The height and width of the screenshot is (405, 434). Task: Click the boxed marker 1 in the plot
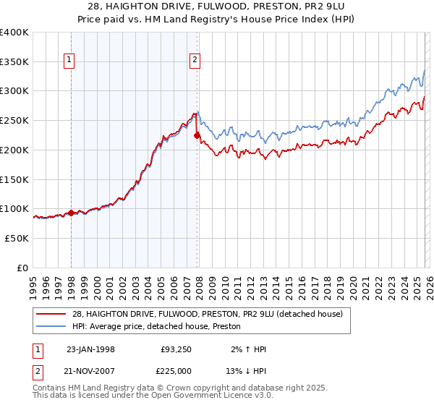[x=70, y=61]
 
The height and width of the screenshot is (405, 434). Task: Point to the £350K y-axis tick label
[x=14, y=61]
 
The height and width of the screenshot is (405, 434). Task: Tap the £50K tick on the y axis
[x=17, y=238]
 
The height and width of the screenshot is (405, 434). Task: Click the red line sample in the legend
[x=52, y=313]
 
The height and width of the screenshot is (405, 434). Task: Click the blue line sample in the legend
[x=52, y=326]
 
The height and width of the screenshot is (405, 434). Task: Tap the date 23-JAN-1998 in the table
[x=90, y=349]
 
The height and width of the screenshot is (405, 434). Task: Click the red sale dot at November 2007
[x=197, y=135]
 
